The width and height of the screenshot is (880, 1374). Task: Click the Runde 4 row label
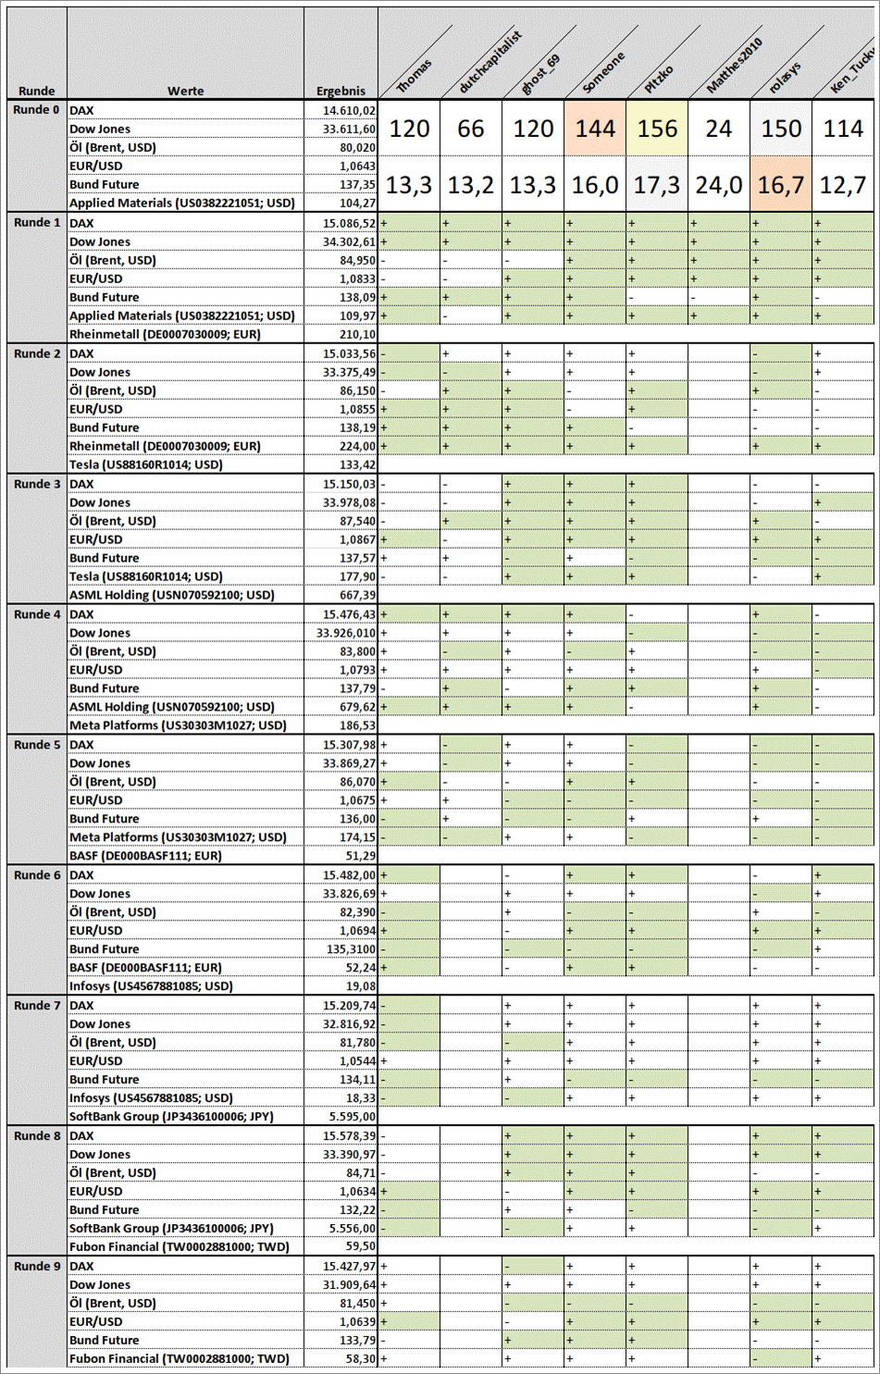pos(37,614)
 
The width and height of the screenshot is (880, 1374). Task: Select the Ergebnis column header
pos(341,91)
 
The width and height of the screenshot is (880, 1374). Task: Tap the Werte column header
pos(185,91)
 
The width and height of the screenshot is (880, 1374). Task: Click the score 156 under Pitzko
pos(657,129)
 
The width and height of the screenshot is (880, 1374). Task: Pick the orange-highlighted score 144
pos(595,129)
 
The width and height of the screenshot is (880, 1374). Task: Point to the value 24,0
pos(719,185)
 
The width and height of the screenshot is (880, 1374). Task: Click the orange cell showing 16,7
pos(781,185)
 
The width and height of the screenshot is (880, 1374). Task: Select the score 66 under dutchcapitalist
pos(471,129)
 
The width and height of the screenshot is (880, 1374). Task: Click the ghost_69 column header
pos(540,74)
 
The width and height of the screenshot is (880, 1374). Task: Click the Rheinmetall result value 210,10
pos(357,334)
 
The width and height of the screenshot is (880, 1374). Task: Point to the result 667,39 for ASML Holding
pos(357,595)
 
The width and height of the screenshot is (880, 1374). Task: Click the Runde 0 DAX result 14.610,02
pos(349,110)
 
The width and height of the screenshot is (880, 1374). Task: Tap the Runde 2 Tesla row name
pos(146,464)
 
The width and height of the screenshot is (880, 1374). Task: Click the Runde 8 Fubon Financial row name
pos(179,1246)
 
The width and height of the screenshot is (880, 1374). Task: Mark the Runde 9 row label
pos(37,1266)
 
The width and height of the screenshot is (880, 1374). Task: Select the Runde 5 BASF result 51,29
pos(360,856)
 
